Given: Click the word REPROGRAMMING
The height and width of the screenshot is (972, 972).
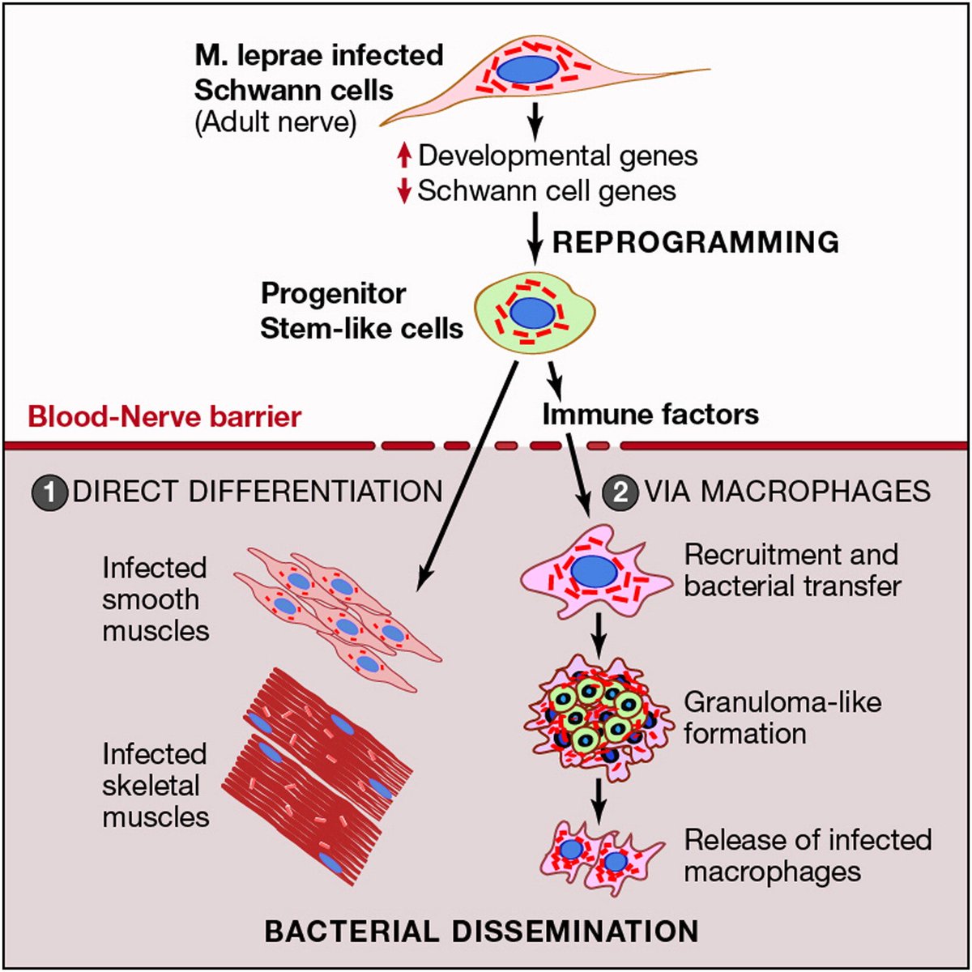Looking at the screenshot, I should (x=695, y=242).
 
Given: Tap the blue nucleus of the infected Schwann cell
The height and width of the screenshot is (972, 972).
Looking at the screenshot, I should (x=526, y=69).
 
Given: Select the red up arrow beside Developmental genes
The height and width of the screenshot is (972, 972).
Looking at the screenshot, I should (x=404, y=156).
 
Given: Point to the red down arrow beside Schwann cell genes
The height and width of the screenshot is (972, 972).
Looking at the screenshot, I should (x=404, y=192).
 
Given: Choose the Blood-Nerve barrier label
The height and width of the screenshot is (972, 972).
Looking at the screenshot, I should (x=164, y=416).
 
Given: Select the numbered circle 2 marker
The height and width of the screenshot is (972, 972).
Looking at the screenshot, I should (x=620, y=492).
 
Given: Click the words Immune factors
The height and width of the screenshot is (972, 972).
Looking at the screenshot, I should (x=650, y=415).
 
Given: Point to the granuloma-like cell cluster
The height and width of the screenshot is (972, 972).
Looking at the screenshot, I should (x=598, y=716).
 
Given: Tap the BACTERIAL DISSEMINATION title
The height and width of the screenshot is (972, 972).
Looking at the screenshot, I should (x=481, y=931).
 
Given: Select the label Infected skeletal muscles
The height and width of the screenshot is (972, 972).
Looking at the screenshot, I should (x=156, y=785).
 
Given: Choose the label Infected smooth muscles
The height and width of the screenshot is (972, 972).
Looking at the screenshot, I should (x=156, y=599).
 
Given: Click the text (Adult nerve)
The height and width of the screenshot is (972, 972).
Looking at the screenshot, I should (x=275, y=122).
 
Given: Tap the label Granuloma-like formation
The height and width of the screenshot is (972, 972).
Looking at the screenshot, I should (x=782, y=717).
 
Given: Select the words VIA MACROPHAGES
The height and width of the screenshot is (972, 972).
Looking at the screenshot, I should (x=787, y=492).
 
